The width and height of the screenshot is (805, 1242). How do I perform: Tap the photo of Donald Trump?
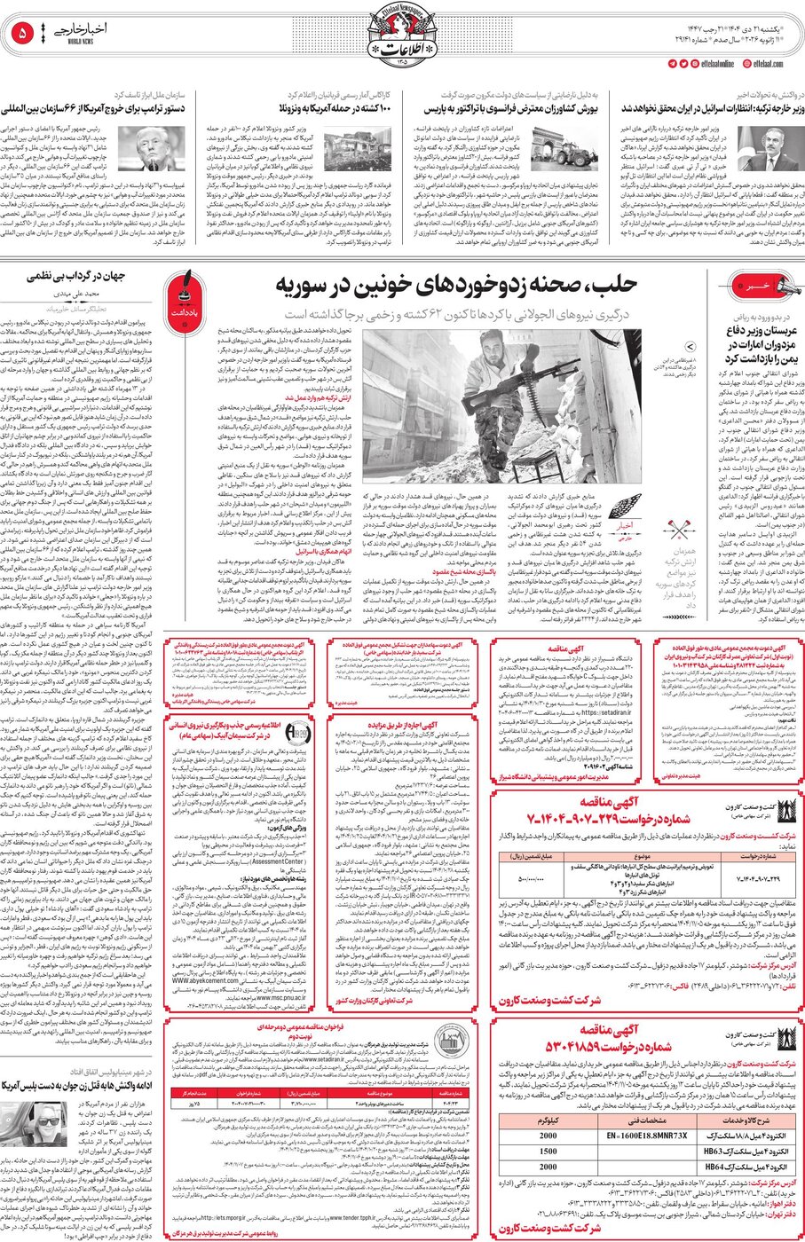(x=138, y=147)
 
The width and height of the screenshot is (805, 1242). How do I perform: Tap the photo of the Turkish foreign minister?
(x=768, y=146)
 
